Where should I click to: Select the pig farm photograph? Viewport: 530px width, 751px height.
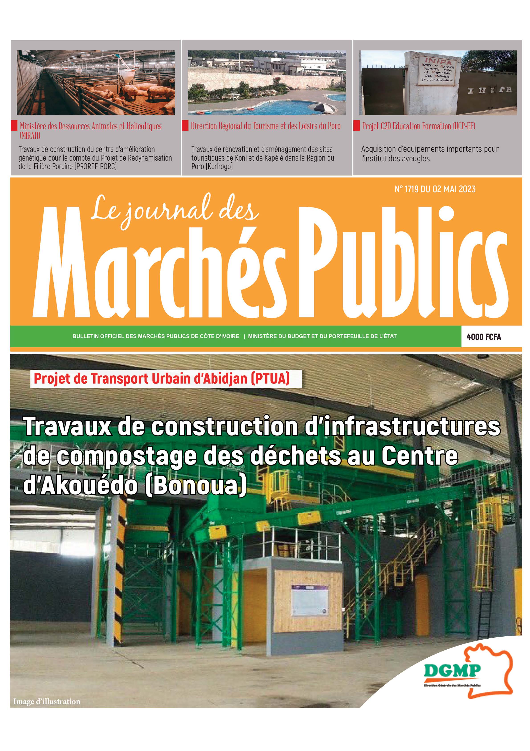(96, 83)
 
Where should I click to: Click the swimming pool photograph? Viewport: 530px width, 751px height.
(267, 83)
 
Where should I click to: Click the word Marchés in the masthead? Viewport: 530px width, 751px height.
(160, 265)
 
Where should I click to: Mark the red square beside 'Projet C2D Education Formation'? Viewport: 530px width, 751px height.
(357, 126)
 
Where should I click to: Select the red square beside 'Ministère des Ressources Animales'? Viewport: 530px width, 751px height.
(14, 126)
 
